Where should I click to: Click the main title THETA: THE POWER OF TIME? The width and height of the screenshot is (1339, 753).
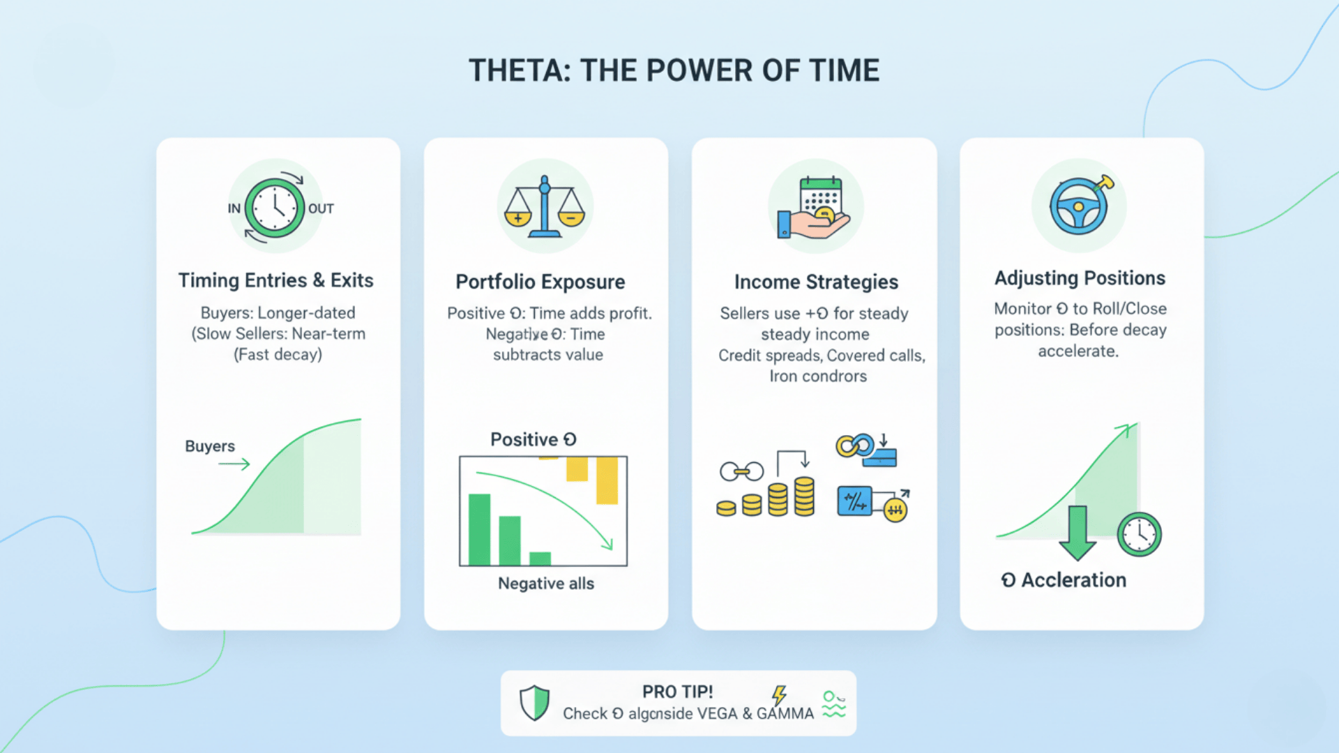coord(674,70)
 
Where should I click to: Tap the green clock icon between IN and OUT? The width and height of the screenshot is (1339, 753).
coord(275,208)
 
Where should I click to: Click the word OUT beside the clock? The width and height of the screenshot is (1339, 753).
coord(321,208)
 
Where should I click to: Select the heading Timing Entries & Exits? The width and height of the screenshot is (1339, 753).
coord(276,280)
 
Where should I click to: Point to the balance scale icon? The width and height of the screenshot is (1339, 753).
coord(545,207)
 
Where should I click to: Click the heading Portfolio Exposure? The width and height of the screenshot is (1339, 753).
coord(540,282)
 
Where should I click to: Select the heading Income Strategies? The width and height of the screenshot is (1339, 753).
coord(816,282)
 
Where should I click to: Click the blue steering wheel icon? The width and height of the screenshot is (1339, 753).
coord(1078,207)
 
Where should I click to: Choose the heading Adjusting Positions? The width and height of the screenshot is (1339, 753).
coord(1080,278)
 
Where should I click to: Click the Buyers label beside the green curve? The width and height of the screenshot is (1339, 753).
coord(210,446)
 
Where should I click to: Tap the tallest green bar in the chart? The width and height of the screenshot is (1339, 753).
coord(479,529)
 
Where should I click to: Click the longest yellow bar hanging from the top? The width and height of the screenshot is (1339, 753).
coord(607,480)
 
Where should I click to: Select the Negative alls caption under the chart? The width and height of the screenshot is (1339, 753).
coord(546,584)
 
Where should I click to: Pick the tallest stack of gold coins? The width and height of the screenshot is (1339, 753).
coord(804,496)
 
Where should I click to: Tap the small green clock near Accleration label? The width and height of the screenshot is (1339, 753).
coord(1139,535)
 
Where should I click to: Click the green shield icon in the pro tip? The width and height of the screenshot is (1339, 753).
coord(535,702)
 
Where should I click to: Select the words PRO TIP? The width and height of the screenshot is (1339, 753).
coord(677,692)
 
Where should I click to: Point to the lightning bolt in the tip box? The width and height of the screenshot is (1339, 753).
coord(779,694)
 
